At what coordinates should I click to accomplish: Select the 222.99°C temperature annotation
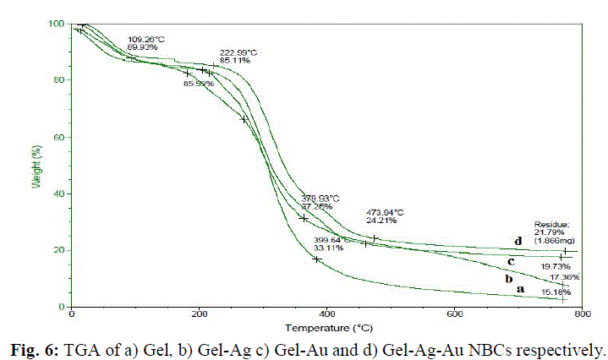click(x=238, y=52)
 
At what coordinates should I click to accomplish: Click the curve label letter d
click(x=518, y=243)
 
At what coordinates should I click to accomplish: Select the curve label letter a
click(x=521, y=288)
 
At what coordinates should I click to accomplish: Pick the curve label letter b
click(x=509, y=277)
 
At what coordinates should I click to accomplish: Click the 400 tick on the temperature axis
click(x=326, y=314)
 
